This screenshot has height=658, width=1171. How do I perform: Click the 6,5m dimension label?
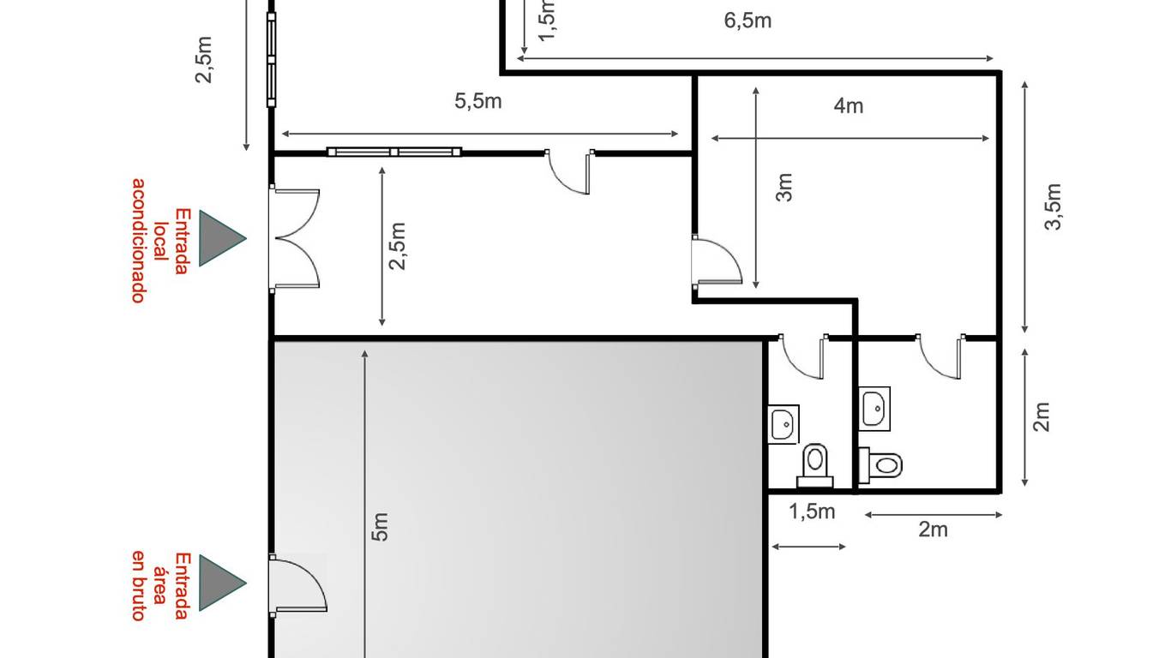(748, 21)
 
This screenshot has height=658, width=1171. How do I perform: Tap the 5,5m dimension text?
(477, 101)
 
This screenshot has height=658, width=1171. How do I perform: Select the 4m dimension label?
(849, 106)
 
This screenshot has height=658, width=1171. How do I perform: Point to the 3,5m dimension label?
(1053, 206)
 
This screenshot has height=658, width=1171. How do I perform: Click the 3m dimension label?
(784, 188)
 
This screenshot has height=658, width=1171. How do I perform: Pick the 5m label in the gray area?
(380, 527)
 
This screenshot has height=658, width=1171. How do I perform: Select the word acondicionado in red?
(138, 241)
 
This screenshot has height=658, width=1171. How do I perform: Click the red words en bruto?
(138, 585)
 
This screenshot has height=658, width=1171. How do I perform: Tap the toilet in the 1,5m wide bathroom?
(814, 466)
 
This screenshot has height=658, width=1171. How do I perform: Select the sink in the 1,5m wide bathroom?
(784, 424)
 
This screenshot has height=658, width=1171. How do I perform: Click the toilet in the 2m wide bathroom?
(881, 464)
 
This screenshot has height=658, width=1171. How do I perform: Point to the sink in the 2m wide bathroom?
(874, 409)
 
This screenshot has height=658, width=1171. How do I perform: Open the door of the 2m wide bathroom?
(941, 356)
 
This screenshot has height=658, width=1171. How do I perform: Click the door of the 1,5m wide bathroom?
(803, 356)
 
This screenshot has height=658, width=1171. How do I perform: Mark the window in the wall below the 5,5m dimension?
(394, 153)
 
